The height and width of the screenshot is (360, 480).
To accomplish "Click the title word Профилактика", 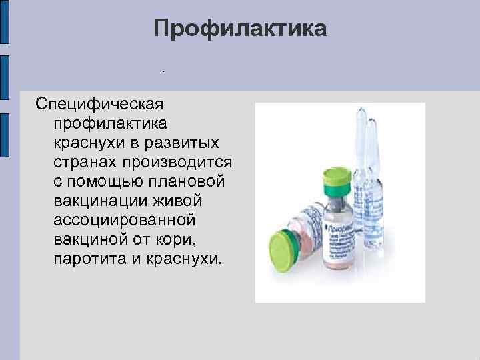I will tap(240, 29).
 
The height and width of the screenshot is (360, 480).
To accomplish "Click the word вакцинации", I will tap(99, 201).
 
